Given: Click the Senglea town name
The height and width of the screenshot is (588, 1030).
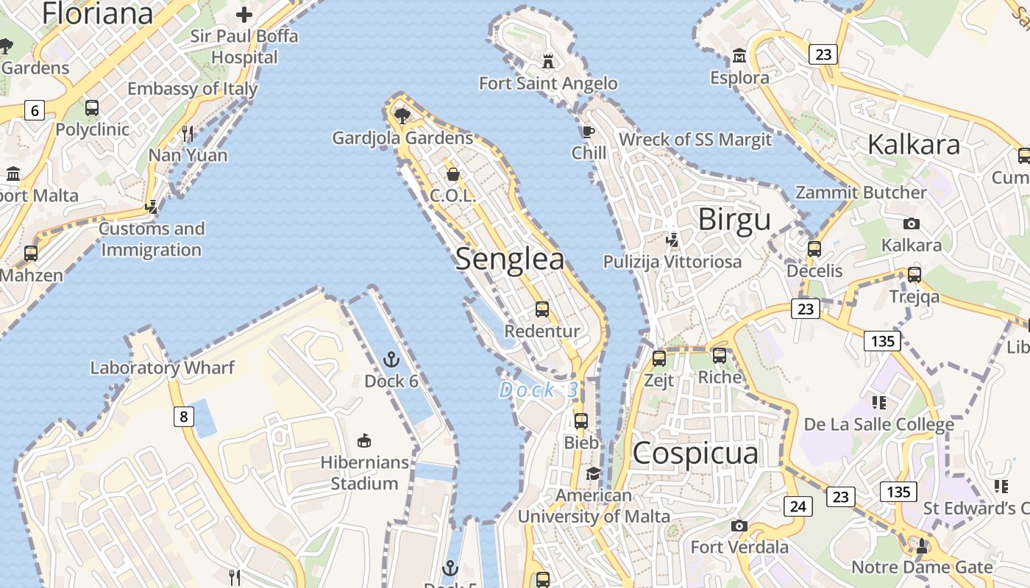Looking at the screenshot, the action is coord(510,259).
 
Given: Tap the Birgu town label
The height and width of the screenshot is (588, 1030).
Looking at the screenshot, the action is coord(734,220).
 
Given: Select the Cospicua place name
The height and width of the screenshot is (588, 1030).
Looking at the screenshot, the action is coord(695,453).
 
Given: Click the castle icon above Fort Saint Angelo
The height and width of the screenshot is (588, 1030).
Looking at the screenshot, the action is coord(548,60).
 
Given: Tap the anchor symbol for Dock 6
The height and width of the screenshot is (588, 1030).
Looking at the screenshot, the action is coord(391,359).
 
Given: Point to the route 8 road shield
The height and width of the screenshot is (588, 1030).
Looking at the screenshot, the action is coord(184,417).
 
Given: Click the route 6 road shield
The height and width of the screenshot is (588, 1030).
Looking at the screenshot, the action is coord(34,111).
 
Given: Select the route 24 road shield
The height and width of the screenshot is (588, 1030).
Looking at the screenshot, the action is coord(798,506).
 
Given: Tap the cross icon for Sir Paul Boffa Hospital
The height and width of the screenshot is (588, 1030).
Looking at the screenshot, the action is coord(244,14).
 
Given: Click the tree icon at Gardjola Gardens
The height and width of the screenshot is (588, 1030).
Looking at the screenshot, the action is coord(402,115).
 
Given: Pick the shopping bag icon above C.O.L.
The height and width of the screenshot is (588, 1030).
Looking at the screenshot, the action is coord(453,174).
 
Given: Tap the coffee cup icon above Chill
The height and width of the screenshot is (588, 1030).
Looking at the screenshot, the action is coord(588,132).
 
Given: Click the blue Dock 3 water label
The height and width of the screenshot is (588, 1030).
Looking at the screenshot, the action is coord(539,390).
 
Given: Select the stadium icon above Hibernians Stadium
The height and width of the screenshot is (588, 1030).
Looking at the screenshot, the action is coord(363,440).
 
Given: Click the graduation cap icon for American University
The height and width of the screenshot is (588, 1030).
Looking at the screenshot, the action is coord(593,474).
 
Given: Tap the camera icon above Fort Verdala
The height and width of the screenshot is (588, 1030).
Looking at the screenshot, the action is coord(739,526).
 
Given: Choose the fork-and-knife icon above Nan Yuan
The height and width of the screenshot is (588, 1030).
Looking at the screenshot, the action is coord(188,133).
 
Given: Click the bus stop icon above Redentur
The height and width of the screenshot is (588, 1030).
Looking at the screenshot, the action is coord(542,309).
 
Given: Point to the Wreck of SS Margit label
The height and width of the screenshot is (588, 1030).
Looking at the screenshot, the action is coord(695,140).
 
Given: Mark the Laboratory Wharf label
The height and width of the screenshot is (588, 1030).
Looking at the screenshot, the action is coord(163,367).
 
